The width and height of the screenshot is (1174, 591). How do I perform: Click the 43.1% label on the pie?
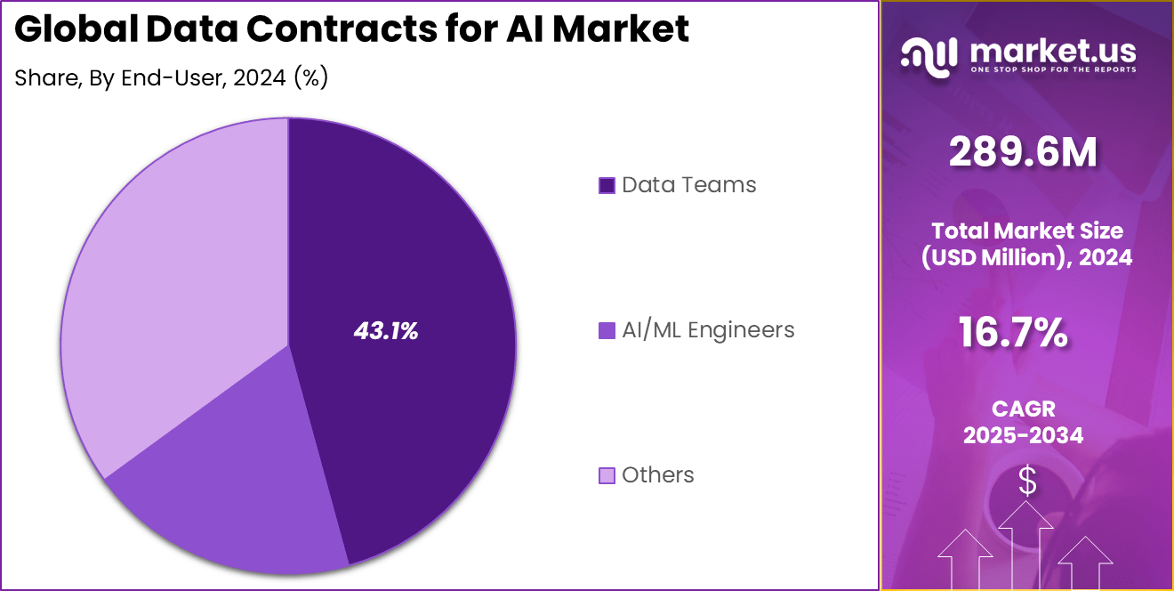386,331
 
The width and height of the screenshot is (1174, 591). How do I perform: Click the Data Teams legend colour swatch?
607,185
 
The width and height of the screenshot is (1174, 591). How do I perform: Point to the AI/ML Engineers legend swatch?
607,330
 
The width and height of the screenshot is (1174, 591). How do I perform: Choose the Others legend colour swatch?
607,475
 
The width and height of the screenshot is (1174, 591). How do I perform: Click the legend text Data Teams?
688,185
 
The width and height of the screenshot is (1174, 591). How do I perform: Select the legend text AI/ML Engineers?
708,330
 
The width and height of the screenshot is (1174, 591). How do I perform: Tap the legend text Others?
657,475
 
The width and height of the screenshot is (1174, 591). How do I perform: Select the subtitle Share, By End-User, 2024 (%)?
172,78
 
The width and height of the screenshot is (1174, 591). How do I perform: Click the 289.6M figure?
1023,153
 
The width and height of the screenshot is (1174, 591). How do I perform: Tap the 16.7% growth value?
1013,332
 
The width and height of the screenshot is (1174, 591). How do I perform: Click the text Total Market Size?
1025,231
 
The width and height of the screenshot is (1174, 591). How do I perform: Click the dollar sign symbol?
1027,482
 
